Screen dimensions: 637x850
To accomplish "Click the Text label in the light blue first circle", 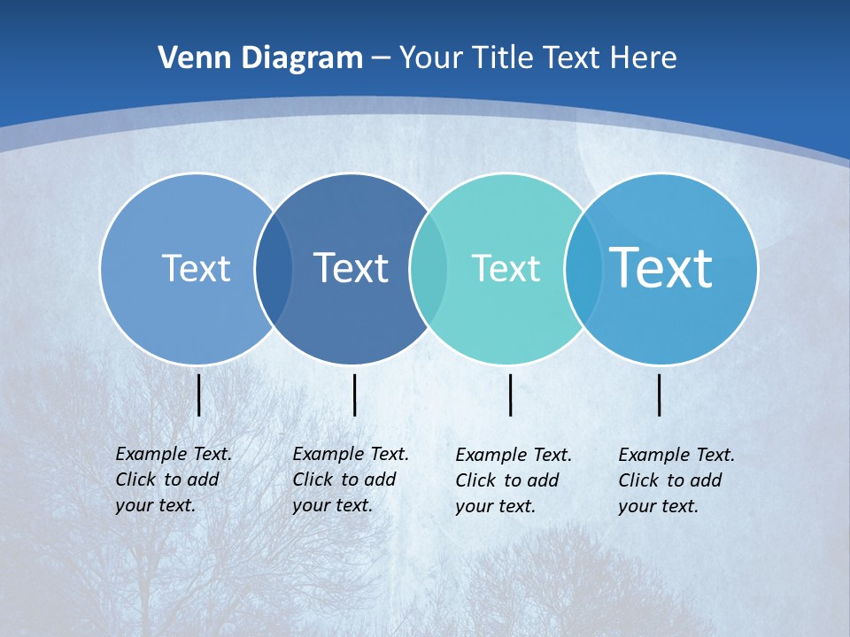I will coord(196,268).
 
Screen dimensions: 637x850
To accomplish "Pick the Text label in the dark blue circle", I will coord(351,268).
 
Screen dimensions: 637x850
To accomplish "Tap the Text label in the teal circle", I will coord(506,268).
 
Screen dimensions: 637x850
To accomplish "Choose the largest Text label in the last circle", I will coord(661,268).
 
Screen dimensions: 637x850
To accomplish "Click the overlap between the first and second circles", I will coord(274,269).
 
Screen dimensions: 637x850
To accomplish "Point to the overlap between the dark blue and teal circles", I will coord(429,269).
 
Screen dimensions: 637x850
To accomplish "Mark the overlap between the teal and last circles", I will coord(583,269).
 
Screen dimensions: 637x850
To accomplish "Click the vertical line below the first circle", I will coord(198,395).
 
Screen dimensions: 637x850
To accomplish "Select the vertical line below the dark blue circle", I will coord(354,395).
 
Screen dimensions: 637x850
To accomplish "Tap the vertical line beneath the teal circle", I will coord(510,395).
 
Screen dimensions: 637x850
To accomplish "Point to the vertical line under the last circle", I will coord(659,395).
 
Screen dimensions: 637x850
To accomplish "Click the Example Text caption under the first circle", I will coord(174,480).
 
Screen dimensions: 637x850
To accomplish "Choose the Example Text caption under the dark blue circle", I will coord(351,480).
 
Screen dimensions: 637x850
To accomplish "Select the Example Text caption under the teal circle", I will coord(514,480).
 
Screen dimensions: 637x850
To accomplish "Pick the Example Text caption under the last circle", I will coord(676,480).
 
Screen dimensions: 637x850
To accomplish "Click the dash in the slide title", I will coord(381,58).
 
